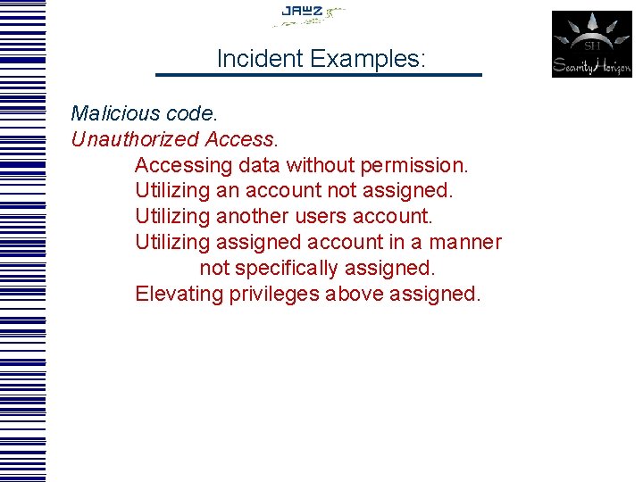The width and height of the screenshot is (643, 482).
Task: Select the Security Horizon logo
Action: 591,44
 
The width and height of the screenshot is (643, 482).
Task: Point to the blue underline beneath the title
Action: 319,75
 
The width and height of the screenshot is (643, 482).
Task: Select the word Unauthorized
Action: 135,140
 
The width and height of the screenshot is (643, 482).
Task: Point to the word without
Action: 320,166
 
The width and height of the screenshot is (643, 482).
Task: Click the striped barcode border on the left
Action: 22,241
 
